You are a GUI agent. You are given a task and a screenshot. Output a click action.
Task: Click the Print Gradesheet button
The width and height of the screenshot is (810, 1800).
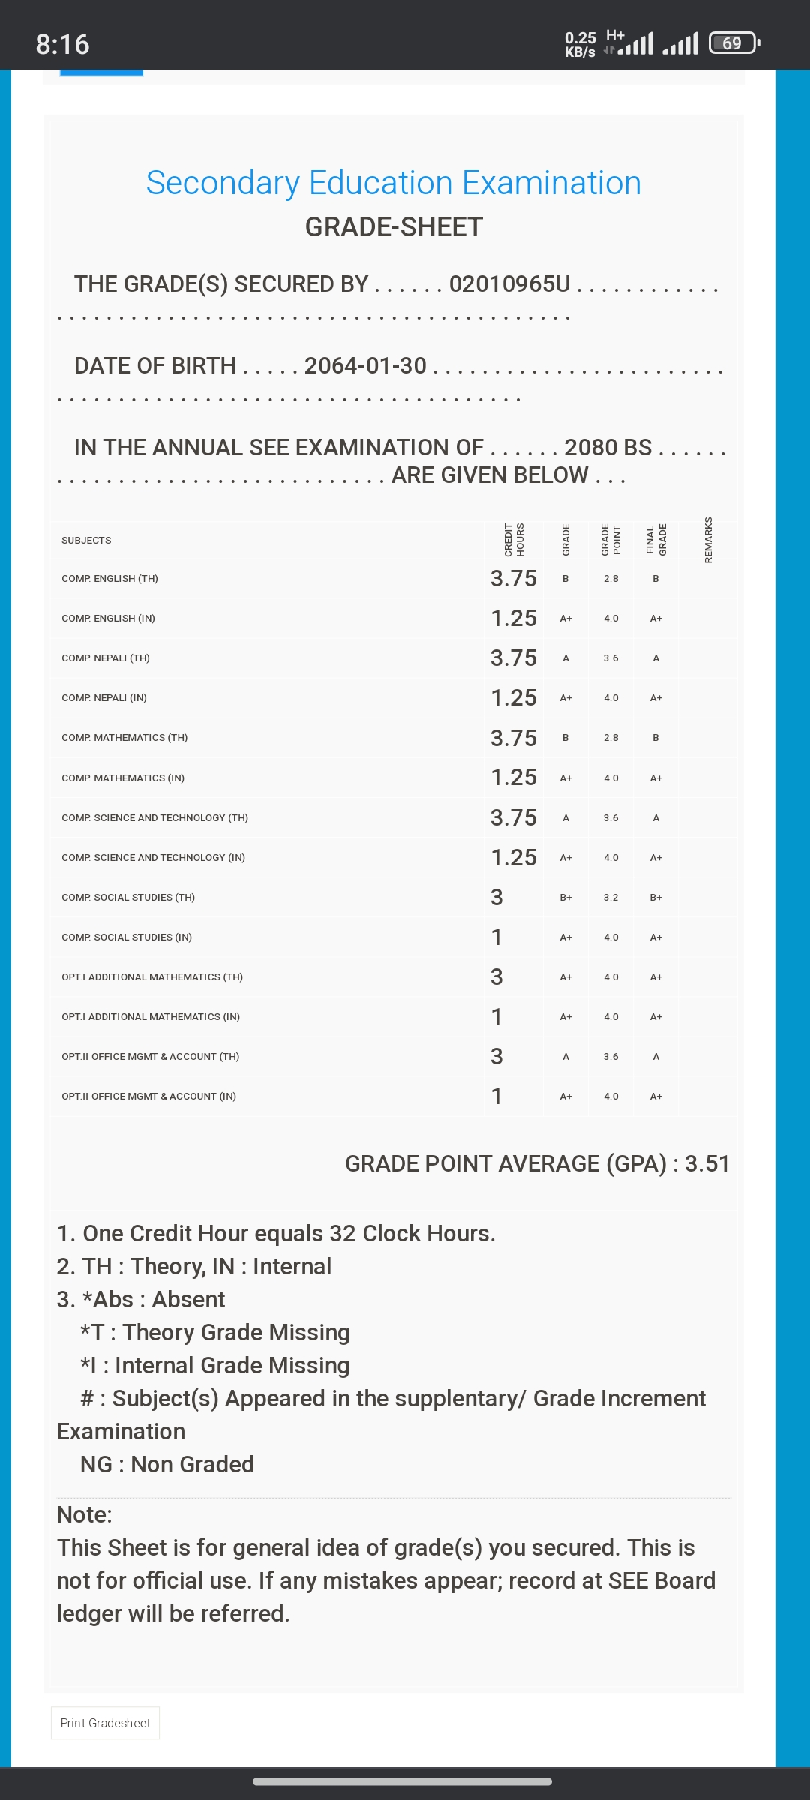(105, 1723)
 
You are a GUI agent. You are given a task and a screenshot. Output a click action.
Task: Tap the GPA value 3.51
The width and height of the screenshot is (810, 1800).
(706, 1163)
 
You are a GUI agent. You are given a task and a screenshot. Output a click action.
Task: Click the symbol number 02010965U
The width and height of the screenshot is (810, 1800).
(509, 283)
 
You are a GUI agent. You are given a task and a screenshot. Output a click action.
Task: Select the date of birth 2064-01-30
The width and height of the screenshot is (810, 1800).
(365, 365)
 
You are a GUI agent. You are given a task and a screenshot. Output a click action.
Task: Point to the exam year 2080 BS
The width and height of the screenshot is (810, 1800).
(607, 447)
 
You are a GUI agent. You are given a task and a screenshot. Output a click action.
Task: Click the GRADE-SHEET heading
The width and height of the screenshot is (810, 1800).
(394, 227)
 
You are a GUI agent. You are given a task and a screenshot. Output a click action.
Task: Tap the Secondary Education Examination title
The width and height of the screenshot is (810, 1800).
(394, 183)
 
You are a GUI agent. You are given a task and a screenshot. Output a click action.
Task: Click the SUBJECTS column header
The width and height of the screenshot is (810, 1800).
(86, 540)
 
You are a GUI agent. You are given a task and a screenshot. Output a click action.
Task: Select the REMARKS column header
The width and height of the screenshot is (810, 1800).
(708, 540)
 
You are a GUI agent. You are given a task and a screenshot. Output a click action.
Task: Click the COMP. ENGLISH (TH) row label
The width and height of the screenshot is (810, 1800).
(109, 578)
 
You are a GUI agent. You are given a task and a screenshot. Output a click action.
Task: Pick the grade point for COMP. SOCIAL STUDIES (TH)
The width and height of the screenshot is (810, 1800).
(610, 897)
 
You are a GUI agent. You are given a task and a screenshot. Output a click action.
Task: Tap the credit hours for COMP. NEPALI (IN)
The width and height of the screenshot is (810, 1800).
(513, 697)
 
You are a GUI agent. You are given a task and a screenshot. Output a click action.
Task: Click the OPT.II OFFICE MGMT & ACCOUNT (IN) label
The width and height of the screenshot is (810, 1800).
(148, 1096)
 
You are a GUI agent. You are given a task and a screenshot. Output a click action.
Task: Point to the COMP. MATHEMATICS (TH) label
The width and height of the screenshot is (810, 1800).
(124, 737)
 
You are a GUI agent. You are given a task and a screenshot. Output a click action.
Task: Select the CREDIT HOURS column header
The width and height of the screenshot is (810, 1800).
(514, 540)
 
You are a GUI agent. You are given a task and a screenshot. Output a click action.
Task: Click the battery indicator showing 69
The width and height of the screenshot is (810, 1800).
(733, 43)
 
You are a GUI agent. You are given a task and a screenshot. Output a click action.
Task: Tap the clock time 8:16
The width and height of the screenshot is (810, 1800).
(62, 44)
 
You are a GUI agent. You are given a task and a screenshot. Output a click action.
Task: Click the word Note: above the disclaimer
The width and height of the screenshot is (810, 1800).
(84, 1514)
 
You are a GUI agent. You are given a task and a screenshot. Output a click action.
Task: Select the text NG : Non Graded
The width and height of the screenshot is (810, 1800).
(166, 1464)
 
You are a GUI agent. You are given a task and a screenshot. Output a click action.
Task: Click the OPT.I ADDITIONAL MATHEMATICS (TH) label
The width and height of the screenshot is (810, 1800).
(152, 976)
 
